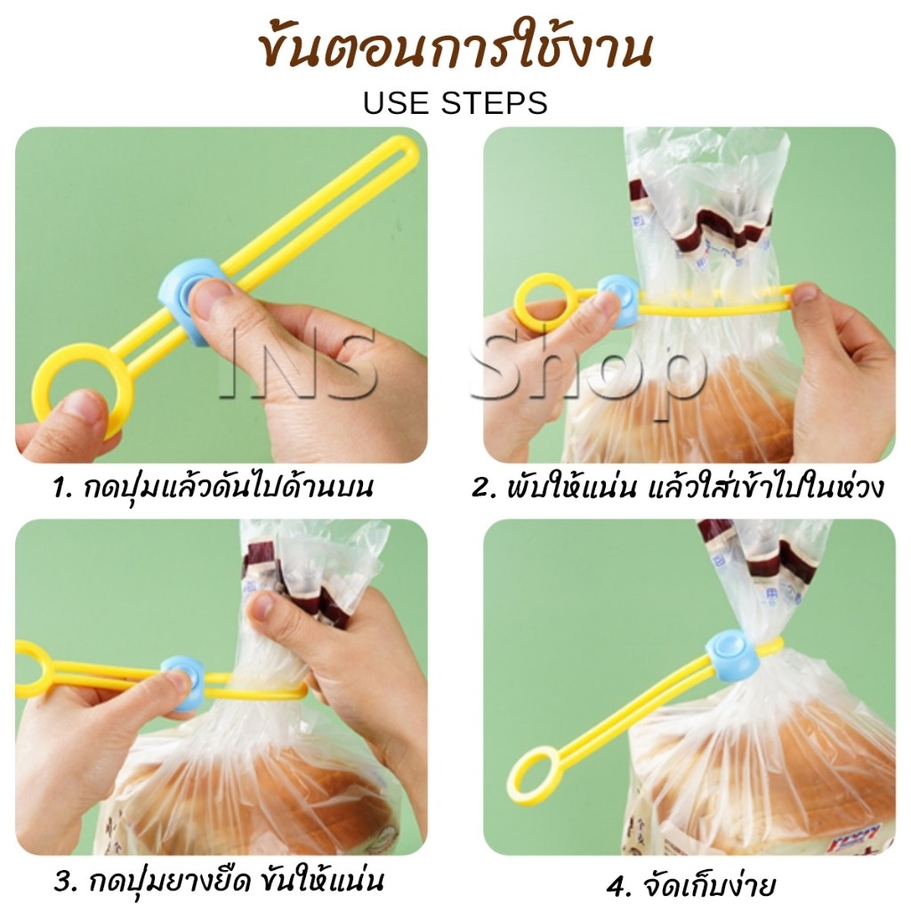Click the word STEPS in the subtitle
(x=495, y=103)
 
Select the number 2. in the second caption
(x=482, y=488)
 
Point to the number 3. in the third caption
(x=66, y=882)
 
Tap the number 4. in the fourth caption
(x=618, y=887)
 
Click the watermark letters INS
(x=297, y=363)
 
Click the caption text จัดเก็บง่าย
(x=709, y=885)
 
